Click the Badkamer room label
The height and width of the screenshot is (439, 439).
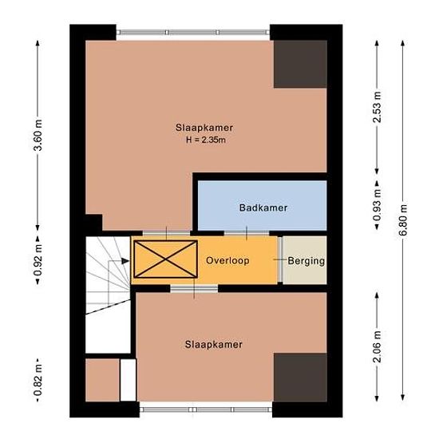pos(263,208)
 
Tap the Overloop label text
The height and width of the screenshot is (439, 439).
pos(227,261)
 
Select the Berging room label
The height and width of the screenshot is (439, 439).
pos(306,261)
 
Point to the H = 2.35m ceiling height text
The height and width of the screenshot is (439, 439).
pos(206,140)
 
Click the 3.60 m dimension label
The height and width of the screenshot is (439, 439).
pos(38,135)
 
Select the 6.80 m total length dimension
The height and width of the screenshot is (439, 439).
pos(403,220)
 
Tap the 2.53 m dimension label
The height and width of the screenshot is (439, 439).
pos(377,107)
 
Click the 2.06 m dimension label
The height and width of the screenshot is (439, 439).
pos(377,346)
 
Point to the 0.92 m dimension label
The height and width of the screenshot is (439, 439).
pos(38,260)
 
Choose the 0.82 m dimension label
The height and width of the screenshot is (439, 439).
pos(38,380)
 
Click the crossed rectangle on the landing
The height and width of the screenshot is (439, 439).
pos(166,259)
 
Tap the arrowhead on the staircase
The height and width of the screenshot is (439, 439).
pos(125,261)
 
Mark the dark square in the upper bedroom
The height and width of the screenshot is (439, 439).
pos(300,64)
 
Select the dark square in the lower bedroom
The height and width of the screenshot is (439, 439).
pos(300,378)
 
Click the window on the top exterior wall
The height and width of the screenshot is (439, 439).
pos(193,32)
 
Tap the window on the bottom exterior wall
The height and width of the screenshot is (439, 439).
pos(206,409)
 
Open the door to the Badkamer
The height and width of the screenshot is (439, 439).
pos(247,233)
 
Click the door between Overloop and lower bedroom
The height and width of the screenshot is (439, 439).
pos(194,289)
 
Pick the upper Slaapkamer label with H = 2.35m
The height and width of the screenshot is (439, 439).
pos(204,133)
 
